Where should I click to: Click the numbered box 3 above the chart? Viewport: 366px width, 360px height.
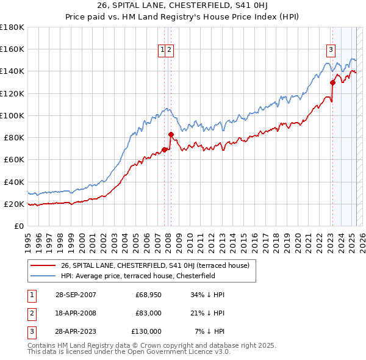tap(330, 51)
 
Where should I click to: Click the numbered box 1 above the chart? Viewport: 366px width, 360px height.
tap(163, 51)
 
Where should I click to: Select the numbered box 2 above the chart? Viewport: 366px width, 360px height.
tap(170, 51)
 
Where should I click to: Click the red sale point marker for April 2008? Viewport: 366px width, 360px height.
tap(171, 134)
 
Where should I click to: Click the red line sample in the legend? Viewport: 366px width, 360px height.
tap(44, 265)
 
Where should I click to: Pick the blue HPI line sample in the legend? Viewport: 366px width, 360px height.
tap(44, 276)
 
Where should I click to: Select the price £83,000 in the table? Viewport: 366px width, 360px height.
tap(148, 313)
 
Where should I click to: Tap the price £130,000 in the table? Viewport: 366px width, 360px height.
tap(146, 331)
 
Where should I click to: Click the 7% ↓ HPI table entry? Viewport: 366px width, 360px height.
tap(210, 331)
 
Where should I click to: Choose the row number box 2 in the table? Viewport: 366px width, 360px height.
tap(30, 313)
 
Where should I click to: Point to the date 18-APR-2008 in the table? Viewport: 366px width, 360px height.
tap(76, 313)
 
